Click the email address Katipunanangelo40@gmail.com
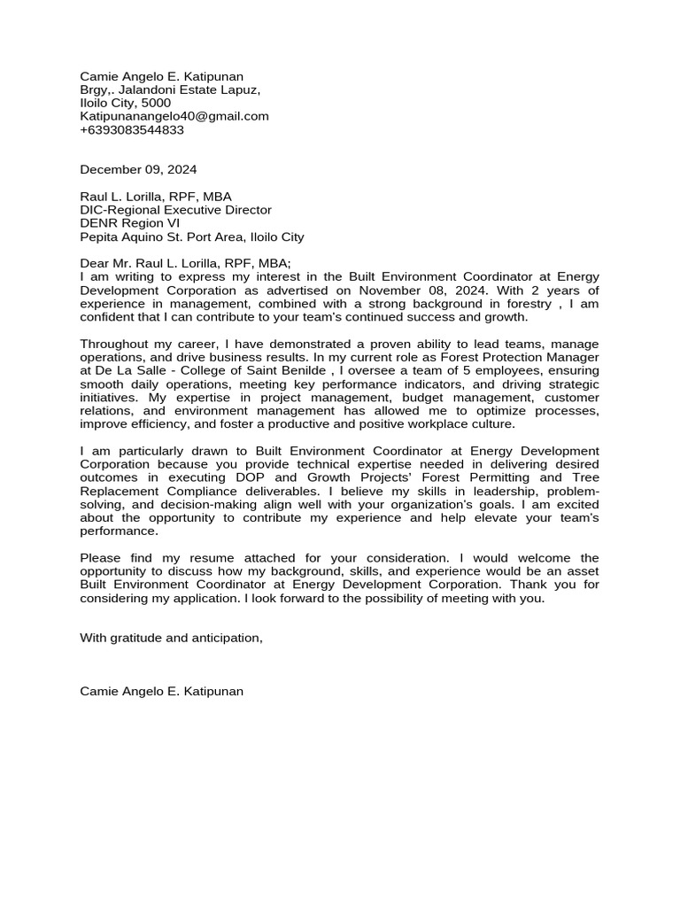174,116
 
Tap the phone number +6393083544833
132,129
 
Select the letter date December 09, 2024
138,169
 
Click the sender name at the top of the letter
161,76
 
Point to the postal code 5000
156,103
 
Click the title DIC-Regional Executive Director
175,210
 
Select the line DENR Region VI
129,223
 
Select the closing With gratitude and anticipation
172,637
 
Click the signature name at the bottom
161,691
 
